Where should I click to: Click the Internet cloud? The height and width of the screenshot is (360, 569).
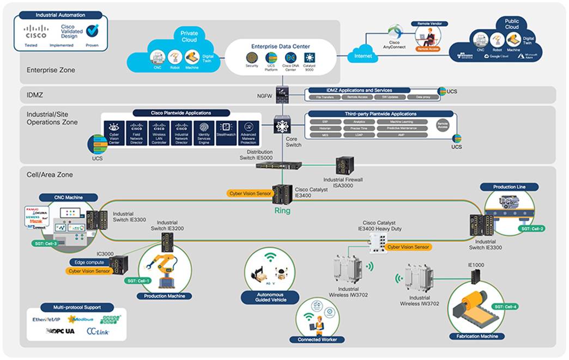click(363, 56)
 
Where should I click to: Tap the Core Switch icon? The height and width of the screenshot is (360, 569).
click(282, 125)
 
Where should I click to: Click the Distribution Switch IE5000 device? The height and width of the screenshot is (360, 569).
click(275, 165)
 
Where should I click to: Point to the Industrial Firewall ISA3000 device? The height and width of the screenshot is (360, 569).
click(344, 165)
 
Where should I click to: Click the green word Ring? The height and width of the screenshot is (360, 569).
click(282, 210)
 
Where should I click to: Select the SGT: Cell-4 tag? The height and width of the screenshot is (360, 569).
click(505, 307)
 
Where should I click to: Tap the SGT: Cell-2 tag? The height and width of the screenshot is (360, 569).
click(532, 229)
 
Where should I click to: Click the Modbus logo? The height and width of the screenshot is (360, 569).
click(81, 319)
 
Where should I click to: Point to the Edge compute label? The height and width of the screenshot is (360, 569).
click(90, 263)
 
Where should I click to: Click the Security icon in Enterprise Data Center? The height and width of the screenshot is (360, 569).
click(252, 57)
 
